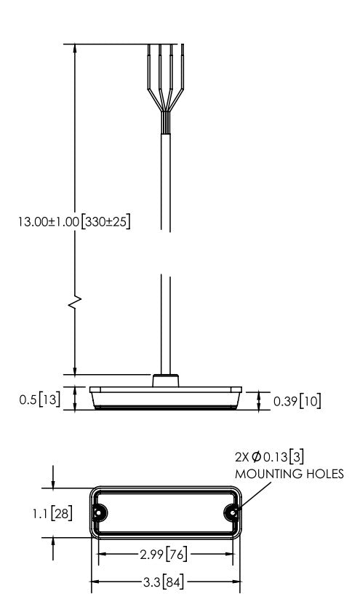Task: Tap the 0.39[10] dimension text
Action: [297, 400]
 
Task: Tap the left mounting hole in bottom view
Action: [100, 512]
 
